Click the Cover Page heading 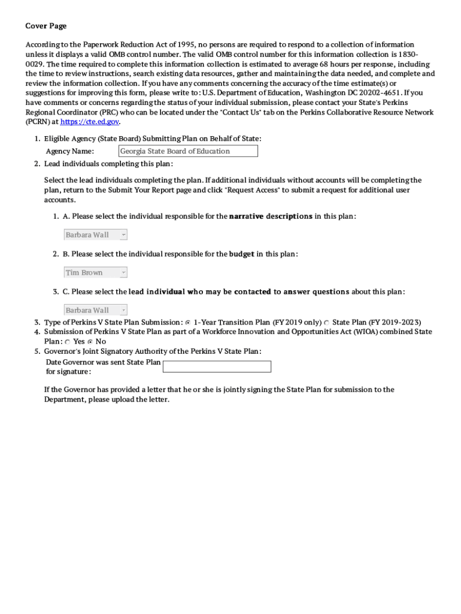click(46, 26)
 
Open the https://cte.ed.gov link click(90, 122)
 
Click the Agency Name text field click(188, 151)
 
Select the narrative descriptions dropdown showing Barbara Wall click(96, 234)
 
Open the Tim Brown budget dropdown click(96, 272)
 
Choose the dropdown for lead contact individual click(96, 310)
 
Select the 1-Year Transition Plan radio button click(188, 323)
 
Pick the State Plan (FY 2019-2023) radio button click(327, 323)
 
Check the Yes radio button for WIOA click(68, 342)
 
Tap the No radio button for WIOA click(90, 342)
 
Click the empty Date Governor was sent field click(217, 366)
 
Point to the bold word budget click(242, 254)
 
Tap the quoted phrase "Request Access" click(252, 190)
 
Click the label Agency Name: click(70, 151)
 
